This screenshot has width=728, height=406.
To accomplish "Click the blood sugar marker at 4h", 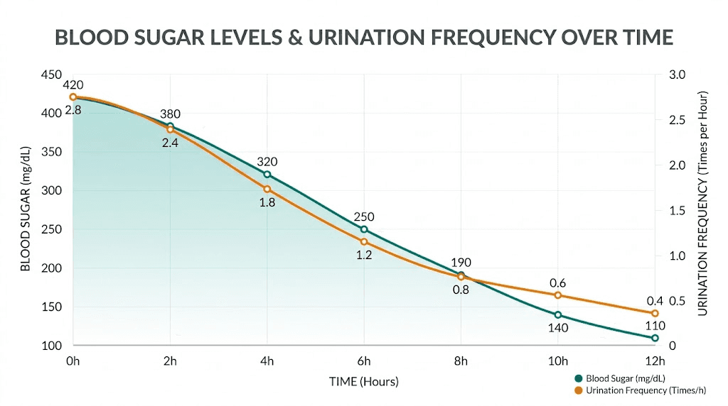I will [267, 174].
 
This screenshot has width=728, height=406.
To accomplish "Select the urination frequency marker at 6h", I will [364, 242].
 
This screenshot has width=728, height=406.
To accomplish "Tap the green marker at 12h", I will [655, 338].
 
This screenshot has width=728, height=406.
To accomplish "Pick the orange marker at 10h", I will [558, 295].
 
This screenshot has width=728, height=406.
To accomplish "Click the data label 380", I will [170, 114].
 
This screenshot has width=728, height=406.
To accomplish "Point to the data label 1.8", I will [267, 202].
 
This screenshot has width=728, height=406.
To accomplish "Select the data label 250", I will [364, 216].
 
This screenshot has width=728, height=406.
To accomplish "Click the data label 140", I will [558, 328].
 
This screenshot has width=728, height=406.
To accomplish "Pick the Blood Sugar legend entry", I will [620, 378].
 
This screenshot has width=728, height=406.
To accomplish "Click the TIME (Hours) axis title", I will [364, 381].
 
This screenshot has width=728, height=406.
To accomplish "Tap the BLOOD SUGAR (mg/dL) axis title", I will [26, 209].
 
